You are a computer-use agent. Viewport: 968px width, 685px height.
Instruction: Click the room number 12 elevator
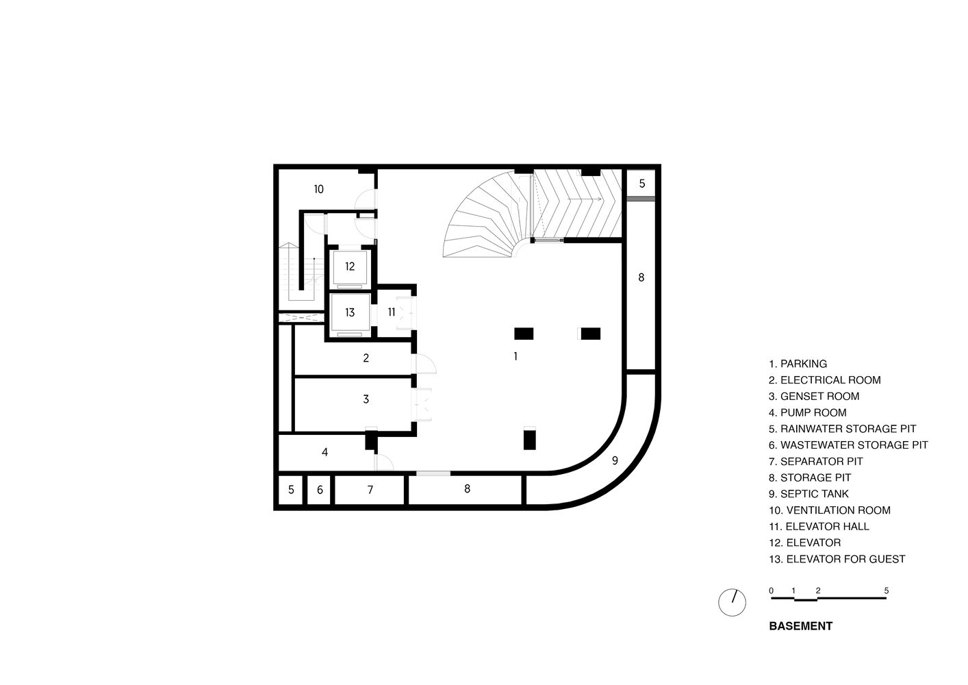[350, 266]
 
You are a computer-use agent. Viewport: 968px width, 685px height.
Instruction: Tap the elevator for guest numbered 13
[350, 312]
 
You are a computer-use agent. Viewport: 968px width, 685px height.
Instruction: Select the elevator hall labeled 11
[392, 312]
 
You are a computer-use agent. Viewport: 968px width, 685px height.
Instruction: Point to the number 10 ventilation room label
[318, 189]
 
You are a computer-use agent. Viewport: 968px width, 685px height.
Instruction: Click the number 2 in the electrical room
[366, 358]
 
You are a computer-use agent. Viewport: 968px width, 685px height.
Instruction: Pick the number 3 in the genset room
[366, 399]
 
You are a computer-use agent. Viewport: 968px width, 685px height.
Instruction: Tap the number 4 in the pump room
[324, 452]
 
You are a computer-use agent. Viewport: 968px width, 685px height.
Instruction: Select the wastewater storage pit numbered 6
[320, 490]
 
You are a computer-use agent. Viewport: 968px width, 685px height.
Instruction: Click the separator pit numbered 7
[370, 490]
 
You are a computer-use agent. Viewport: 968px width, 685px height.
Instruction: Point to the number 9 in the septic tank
[615, 460]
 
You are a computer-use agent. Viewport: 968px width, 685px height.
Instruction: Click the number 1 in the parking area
[515, 356]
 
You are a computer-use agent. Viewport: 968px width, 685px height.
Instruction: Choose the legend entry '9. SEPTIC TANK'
[808, 494]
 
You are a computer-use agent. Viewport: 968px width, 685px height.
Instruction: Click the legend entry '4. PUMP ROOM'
[807, 412]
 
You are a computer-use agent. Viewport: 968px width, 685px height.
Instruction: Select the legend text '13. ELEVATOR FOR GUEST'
[837, 559]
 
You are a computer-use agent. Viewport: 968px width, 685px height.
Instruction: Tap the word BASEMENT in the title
[800, 626]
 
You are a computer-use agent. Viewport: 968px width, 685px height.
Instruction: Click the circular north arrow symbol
[732, 602]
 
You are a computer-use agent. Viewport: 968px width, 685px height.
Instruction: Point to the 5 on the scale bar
[887, 590]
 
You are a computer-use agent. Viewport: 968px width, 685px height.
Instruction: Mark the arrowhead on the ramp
[600, 199]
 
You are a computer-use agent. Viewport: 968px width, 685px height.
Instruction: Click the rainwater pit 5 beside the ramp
[641, 184]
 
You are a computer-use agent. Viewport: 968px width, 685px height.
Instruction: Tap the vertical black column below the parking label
[529, 438]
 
